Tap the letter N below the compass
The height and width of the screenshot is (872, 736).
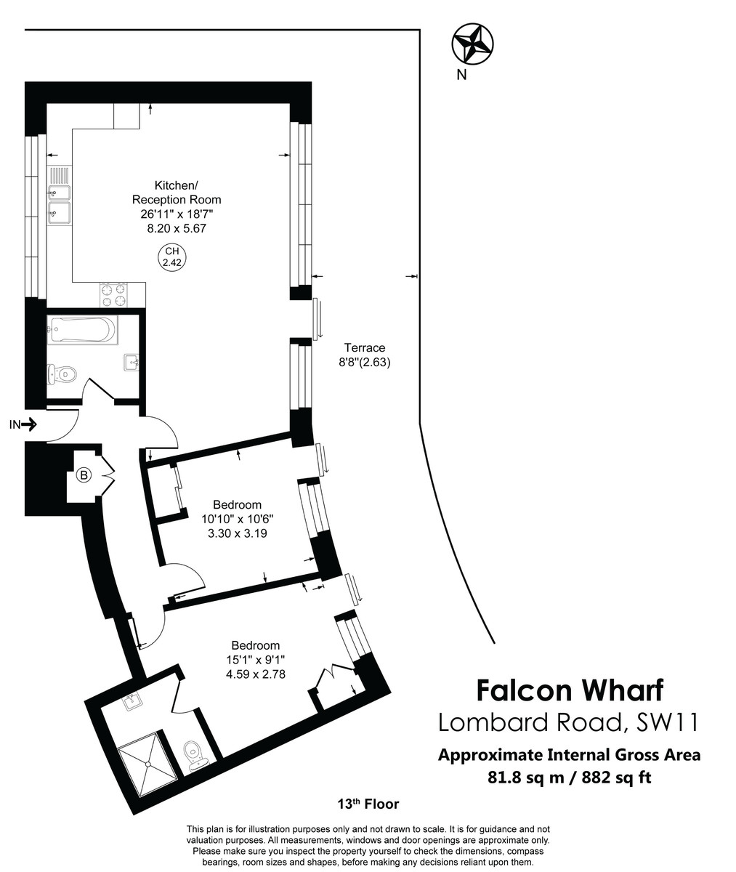click(x=461, y=74)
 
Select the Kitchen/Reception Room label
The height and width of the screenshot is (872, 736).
click(x=177, y=192)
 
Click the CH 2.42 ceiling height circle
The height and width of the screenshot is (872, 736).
click(x=171, y=258)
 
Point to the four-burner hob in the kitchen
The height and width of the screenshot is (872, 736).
click(x=113, y=294)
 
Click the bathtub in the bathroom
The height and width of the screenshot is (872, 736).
click(x=81, y=331)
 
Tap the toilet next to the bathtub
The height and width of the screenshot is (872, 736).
click(x=60, y=374)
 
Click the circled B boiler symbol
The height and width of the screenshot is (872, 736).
click(x=84, y=476)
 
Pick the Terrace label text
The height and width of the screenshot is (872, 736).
click(x=365, y=348)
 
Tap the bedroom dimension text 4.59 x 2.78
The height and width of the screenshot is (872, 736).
click(x=255, y=674)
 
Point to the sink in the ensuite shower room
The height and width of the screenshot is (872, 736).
click(x=132, y=702)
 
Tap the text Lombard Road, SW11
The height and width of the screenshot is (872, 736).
click(x=568, y=722)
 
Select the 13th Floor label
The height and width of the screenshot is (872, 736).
click(x=368, y=804)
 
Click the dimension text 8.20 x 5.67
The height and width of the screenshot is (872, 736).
click(x=177, y=228)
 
